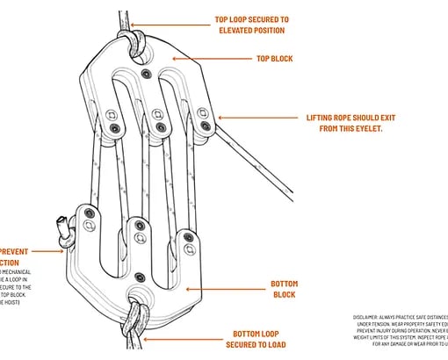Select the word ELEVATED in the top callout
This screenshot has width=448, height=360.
(237, 31)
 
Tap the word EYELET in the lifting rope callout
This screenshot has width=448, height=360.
(368, 129)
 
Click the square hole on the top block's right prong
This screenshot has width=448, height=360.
(203, 112)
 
